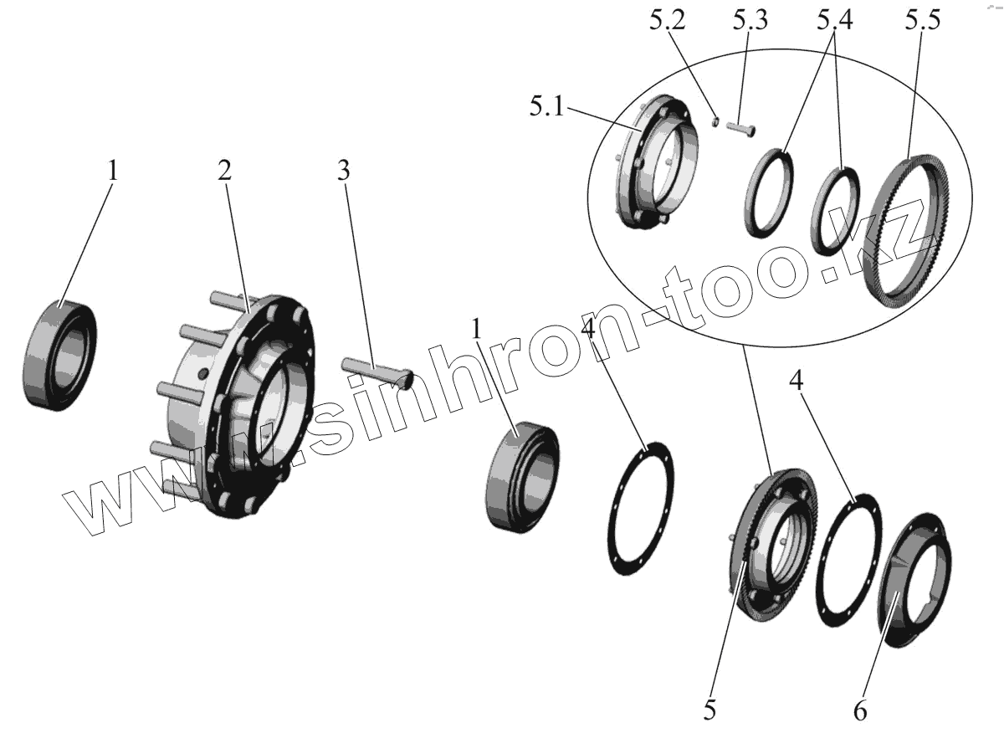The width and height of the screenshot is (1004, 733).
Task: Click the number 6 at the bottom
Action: (x=860, y=710)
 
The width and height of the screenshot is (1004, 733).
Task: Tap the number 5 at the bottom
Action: (x=709, y=710)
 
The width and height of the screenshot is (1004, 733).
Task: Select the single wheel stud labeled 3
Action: (x=376, y=370)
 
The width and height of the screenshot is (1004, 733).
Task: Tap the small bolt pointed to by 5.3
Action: (x=740, y=129)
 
